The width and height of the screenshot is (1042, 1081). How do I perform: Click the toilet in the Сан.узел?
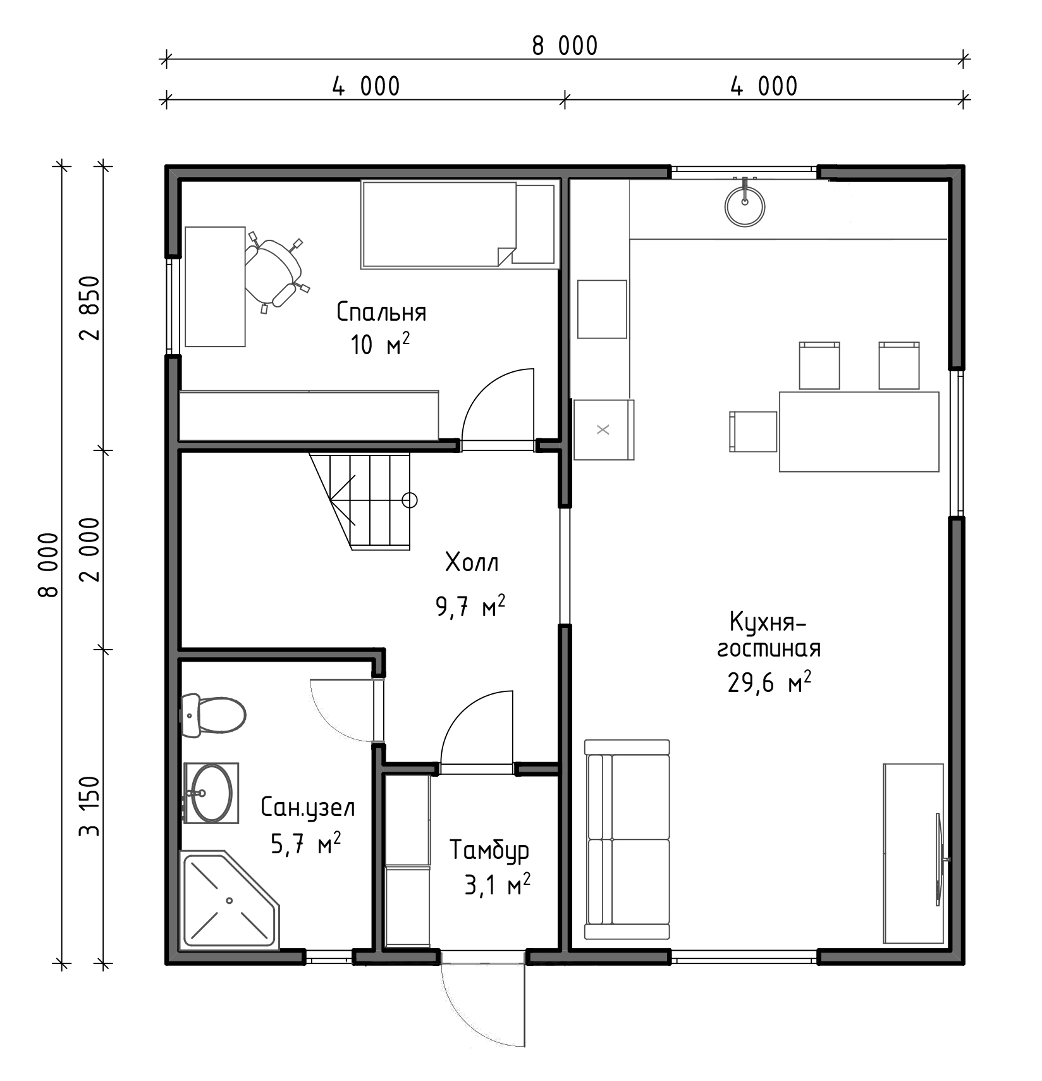tap(213, 715)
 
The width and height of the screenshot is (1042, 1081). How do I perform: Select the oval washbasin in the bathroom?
tap(211, 793)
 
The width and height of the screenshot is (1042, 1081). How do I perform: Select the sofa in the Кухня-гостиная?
tap(627, 839)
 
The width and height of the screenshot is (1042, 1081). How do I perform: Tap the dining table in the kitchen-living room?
tap(859, 431)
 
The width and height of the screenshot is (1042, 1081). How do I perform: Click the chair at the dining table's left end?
tap(753, 431)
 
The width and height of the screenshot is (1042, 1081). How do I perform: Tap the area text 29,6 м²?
tap(769, 683)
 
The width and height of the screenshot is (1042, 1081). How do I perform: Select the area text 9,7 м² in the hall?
tap(470, 607)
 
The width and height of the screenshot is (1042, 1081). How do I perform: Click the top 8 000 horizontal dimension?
tap(565, 46)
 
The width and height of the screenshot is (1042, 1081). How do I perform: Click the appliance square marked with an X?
tap(603, 429)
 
